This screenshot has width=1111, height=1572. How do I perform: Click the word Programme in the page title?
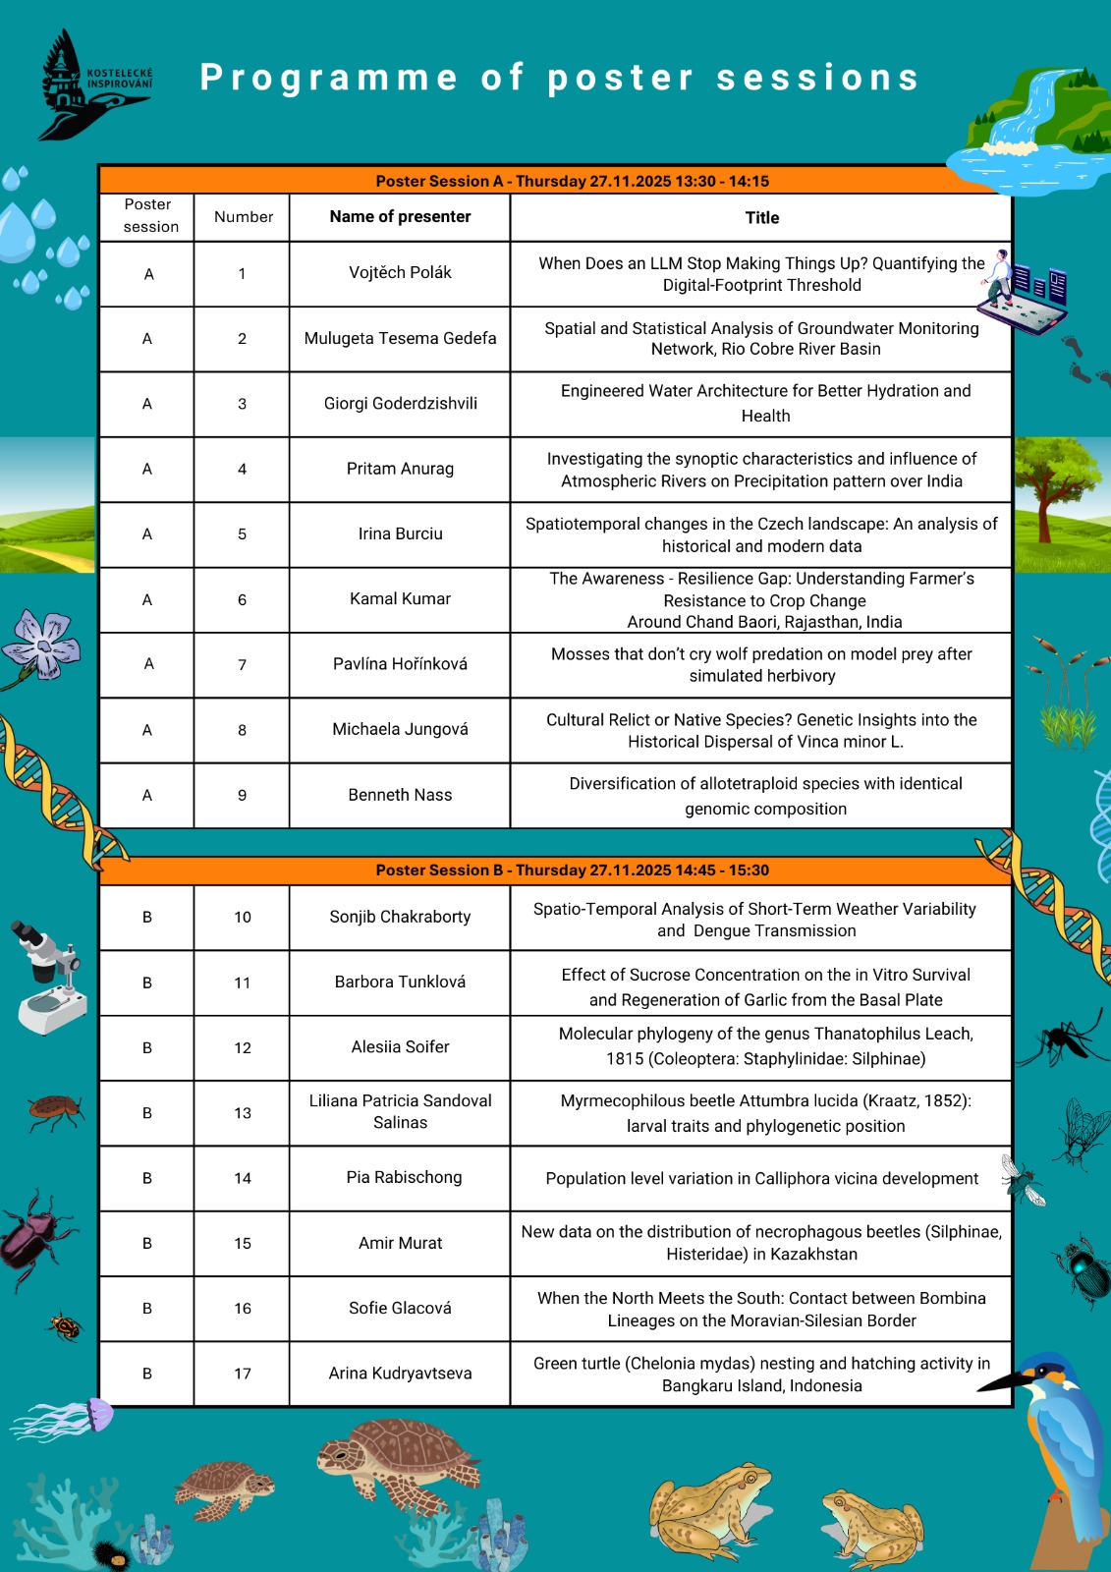tap(328, 78)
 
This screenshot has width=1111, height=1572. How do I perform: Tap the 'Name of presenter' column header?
tap(400, 217)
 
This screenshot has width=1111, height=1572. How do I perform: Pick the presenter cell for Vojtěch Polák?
tap(400, 273)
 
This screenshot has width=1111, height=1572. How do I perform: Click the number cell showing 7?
tap(242, 665)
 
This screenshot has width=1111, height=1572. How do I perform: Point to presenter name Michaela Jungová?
tap(400, 729)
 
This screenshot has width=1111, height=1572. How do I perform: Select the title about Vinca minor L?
tap(761, 731)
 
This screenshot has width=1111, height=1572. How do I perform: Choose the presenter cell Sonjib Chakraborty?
tap(400, 917)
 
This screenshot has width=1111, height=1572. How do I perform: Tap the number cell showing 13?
tap(242, 1113)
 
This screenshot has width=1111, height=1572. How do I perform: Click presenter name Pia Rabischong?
tap(404, 1177)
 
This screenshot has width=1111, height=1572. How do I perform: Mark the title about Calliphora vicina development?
tap(761, 1178)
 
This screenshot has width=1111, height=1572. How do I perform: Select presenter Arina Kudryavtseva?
tap(400, 1374)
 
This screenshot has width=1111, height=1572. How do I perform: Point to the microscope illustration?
tap(49, 978)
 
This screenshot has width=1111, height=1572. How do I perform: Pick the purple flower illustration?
tap(41, 644)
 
